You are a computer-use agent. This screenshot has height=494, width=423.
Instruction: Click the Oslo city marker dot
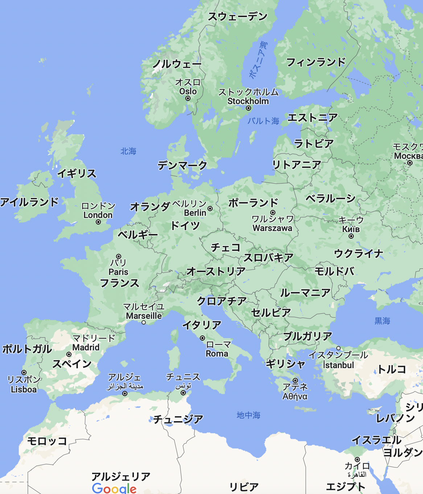[188, 98]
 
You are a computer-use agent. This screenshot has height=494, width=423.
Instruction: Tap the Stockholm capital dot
[249, 108]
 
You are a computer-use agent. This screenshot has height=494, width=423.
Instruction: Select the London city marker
[98, 222]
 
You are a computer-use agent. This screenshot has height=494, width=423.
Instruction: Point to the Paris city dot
[119, 256]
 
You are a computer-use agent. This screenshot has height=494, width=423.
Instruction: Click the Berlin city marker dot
[210, 209]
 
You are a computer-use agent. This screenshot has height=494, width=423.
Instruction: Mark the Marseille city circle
[144, 322]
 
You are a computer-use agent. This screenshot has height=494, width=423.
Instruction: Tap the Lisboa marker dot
[24, 372]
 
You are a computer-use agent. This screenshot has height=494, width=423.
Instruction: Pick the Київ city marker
[351, 236]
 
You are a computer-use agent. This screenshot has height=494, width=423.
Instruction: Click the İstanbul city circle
[338, 348]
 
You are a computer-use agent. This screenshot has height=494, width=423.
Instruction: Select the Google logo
[114, 488]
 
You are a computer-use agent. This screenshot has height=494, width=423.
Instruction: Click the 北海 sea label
[128, 151]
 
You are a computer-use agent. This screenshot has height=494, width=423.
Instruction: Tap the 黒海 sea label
[382, 321]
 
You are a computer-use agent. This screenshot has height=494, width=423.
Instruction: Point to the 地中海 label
[249, 415]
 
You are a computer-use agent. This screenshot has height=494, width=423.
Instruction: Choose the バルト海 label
[263, 121]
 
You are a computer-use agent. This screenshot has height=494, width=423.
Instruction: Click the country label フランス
[119, 283]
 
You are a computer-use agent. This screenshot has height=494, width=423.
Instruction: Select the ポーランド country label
[253, 203]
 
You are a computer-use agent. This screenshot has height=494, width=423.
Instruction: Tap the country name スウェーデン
[238, 16]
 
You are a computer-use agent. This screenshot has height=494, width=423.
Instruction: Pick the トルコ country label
[392, 369]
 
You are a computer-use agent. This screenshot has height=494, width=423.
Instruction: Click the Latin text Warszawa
[272, 228]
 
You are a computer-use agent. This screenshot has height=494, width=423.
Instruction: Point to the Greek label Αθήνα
[295, 396]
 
